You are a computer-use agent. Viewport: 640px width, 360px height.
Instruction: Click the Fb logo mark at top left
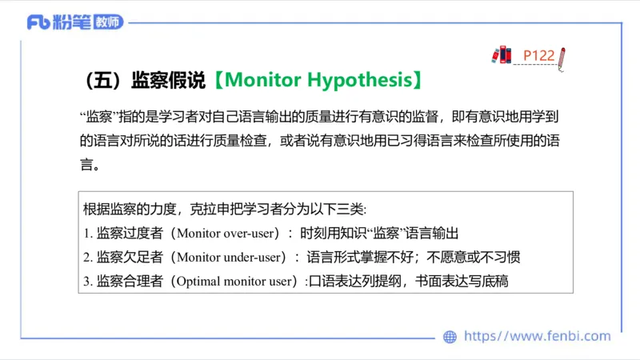click(38, 22)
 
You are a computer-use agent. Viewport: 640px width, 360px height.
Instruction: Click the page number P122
click(538, 55)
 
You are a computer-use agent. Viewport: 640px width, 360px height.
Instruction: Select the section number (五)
click(101, 81)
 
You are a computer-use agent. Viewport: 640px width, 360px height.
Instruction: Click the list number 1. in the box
click(88, 234)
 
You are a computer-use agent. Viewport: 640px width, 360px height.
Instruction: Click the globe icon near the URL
click(450, 337)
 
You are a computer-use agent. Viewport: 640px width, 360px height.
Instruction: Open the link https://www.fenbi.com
click(537, 337)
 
